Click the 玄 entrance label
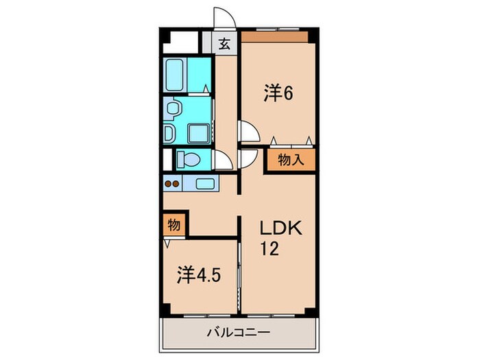(x=224, y=44)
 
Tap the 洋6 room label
(x=278, y=94)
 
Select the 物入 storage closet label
(x=289, y=161)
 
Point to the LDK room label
(x=280, y=229)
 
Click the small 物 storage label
(x=173, y=224)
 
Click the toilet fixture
(x=188, y=160)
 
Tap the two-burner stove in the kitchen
(x=173, y=183)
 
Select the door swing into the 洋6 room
(x=247, y=130)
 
